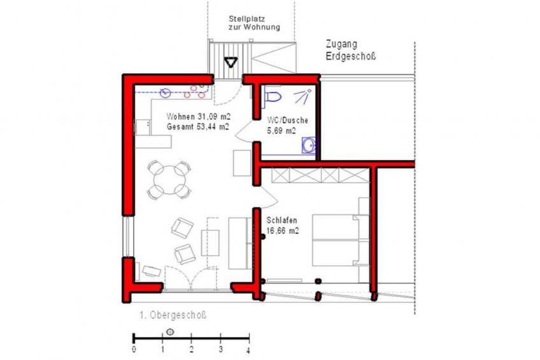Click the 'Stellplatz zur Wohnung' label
click(254, 23)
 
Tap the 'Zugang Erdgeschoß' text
click(351, 50)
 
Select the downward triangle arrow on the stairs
click(231, 62)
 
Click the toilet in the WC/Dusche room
click(273, 97)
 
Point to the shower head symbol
click(302, 96)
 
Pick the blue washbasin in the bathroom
click(309, 145)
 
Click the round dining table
click(169, 180)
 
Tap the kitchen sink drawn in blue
click(166, 92)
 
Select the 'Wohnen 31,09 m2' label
click(199, 117)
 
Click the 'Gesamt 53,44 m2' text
click(198, 127)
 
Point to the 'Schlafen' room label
click(281, 220)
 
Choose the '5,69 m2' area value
click(281, 131)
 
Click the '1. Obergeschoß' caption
click(173, 315)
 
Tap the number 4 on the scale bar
click(248, 351)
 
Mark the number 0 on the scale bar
click(134, 349)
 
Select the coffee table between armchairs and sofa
click(210, 243)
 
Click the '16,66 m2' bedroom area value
click(282, 231)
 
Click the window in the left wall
click(128, 236)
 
